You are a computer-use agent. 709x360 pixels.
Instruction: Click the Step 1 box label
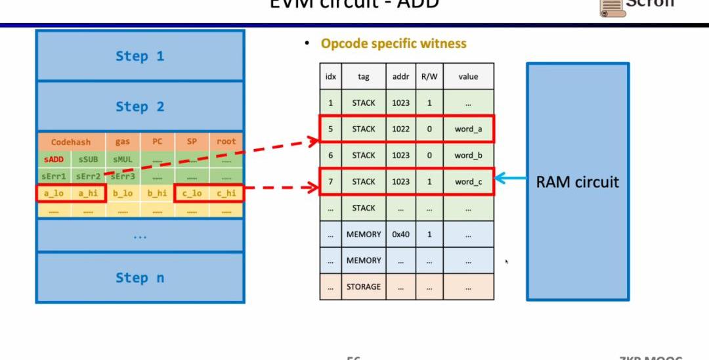click(140, 56)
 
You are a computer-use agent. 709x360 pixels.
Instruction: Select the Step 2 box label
click(140, 106)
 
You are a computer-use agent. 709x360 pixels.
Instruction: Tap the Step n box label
click(140, 278)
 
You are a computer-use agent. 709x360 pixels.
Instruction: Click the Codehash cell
click(71, 142)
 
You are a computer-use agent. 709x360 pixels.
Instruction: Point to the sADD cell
click(54, 160)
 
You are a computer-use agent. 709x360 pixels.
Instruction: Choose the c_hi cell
click(226, 194)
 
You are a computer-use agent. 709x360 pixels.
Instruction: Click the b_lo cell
click(123, 194)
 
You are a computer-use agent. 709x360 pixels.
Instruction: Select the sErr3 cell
click(123, 177)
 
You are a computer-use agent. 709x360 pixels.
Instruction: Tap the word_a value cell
click(468, 129)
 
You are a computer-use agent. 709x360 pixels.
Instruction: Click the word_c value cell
click(468, 182)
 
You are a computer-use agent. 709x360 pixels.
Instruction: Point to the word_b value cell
click(468, 156)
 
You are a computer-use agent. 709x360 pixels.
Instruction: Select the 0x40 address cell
click(400, 235)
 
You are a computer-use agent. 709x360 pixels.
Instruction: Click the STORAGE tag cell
click(364, 287)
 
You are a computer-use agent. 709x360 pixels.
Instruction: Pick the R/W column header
click(429, 77)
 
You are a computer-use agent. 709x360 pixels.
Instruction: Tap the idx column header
click(331, 77)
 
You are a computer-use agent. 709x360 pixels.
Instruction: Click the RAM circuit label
click(577, 182)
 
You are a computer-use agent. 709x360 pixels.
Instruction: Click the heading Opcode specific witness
click(393, 44)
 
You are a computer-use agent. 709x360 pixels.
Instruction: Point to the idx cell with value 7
click(331, 182)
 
